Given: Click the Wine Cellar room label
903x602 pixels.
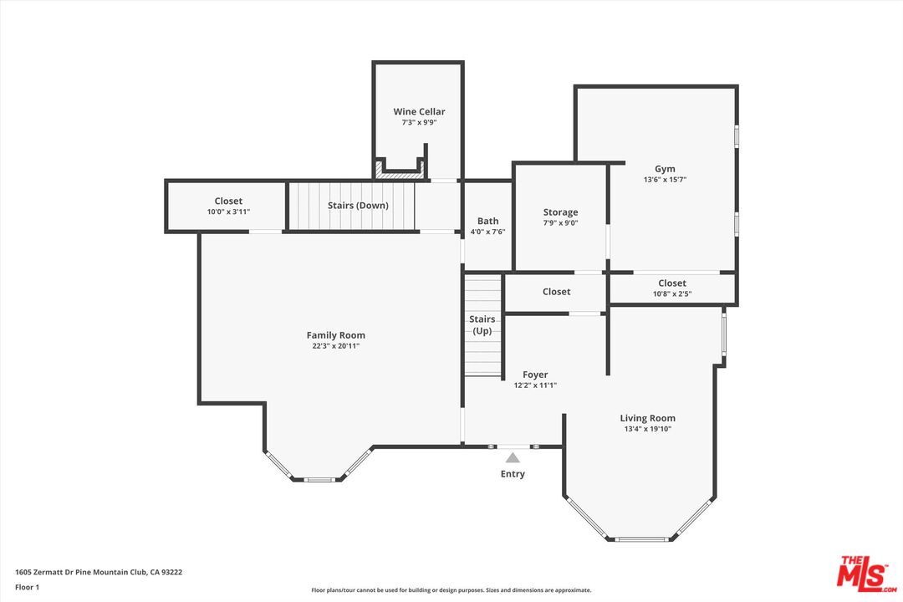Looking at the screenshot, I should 419,111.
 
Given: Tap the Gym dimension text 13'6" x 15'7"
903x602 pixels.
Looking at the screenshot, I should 665,180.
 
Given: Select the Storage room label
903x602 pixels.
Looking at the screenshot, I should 560,212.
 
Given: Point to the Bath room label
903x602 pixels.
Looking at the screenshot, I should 487,222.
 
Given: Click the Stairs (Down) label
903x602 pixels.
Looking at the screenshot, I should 357,205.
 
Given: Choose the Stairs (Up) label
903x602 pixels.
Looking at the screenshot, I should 482,325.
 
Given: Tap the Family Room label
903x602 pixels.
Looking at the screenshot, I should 335,335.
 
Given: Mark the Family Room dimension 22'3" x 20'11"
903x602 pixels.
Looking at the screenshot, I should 335,346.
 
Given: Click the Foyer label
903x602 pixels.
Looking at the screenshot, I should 535,375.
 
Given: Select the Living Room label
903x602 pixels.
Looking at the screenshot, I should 647,418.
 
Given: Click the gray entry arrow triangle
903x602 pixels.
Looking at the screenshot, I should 513,457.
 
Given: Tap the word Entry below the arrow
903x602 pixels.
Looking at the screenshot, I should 513,474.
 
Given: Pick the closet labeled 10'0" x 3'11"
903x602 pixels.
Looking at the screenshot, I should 228,206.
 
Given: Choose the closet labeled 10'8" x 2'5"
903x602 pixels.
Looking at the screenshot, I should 671,288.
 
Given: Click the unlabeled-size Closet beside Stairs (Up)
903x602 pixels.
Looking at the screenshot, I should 556,292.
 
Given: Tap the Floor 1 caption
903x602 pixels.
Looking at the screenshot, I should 27,587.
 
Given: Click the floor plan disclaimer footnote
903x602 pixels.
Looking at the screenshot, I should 451,590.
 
